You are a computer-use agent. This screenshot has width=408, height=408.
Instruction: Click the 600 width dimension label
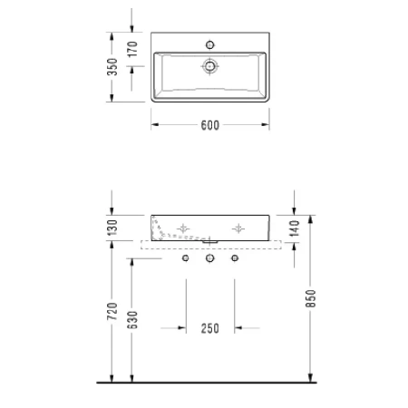click(210, 127)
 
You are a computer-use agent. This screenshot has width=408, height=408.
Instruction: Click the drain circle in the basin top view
click(210, 65)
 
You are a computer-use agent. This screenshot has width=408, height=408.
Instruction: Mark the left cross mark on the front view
click(184, 227)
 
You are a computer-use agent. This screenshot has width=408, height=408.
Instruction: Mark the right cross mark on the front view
click(238, 227)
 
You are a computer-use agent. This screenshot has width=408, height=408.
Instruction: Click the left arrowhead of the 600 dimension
click(154, 127)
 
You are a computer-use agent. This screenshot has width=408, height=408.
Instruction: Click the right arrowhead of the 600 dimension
click(267, 127)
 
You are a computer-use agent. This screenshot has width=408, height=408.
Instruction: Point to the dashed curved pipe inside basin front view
click(161, 230)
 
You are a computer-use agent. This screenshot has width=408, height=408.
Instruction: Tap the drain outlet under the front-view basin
click(210, 242)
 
